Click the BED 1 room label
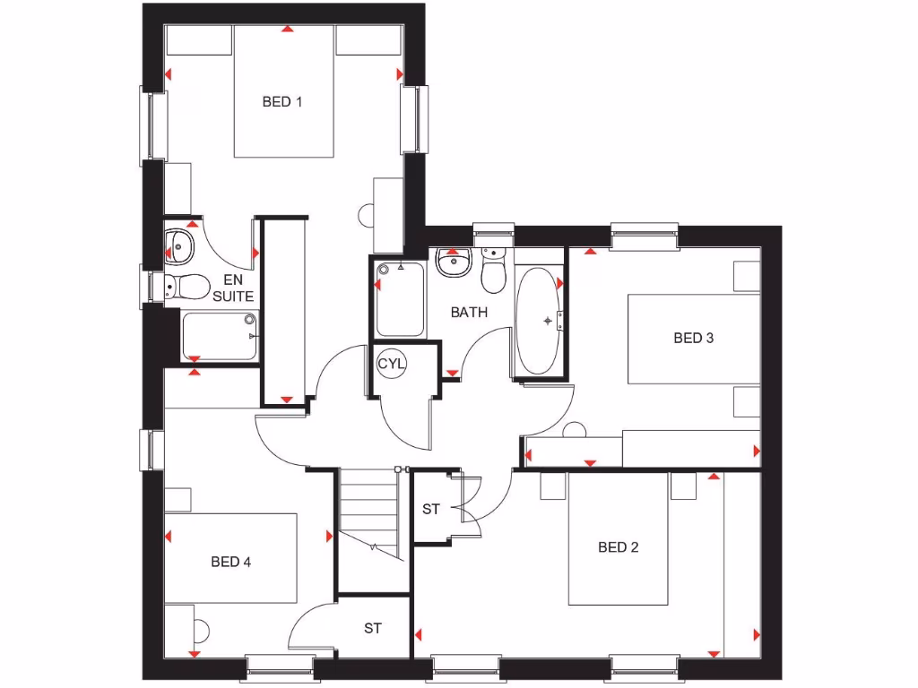(x=281, y=102)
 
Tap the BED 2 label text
(x=618, y=547)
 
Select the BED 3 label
(x=693, y=338)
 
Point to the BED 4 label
(x=230, y=562)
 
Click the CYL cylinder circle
(x=391, y=365)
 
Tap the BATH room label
(x=469, y=313)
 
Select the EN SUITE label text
(x=232, y=288)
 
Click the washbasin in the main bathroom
(x=452, y=262)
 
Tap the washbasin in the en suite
(x=179, y=244)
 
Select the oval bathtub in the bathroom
(x=539, y=320)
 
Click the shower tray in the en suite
(x=221, y=335)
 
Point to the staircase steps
(x=368, y=511)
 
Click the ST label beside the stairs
(x=431, y=510)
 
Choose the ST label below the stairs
(x=373, y=629)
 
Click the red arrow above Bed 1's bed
(x=286, y=30)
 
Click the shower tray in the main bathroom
(x=400, y=299)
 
